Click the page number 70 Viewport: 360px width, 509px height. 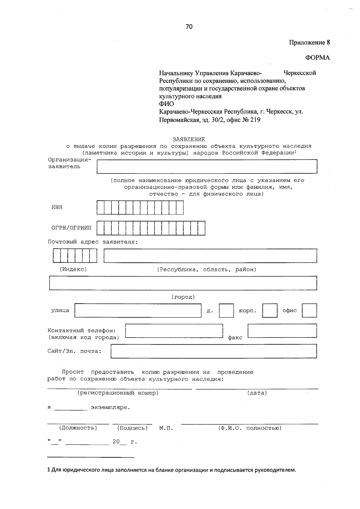(189, 27)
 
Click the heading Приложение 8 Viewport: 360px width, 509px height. (309, 42)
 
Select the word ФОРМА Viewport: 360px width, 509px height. (317, 58)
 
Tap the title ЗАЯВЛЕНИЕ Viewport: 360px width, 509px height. (189, 139)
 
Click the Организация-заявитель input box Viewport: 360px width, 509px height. (207, 166)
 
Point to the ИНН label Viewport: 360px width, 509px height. (57, 207)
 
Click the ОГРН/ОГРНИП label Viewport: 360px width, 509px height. (71, 228)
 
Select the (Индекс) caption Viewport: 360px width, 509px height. (73, 269)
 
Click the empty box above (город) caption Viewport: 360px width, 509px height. (183, 283)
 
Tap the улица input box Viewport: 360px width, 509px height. (138, 311)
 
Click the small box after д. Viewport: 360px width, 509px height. (226, 311)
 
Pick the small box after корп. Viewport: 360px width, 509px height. (270, 311)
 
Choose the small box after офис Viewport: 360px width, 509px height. (309, 311)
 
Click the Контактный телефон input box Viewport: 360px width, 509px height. (174, 331)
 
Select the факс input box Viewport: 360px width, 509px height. (282, 331)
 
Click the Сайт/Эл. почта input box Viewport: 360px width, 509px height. (214, 351)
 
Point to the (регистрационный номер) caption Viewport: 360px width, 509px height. (118, 393)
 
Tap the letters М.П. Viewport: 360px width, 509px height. (166, 428)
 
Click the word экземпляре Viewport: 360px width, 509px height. (110, 408)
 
